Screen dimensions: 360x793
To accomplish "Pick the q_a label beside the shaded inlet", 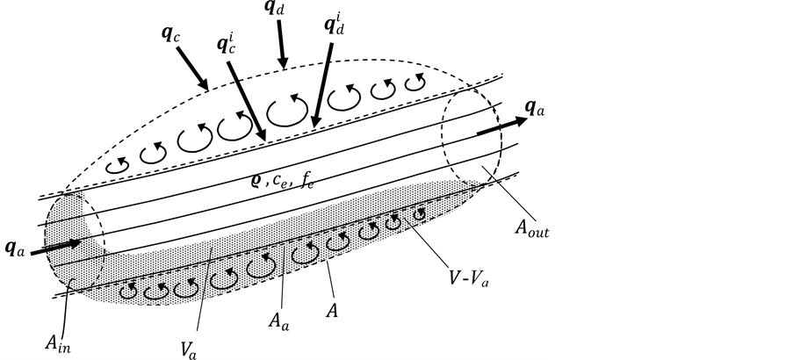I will click(15, 249).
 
